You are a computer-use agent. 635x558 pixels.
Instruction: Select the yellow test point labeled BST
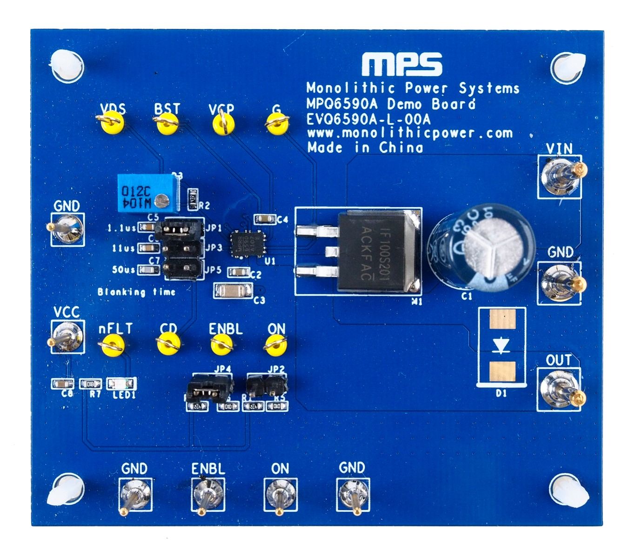coord(167,124)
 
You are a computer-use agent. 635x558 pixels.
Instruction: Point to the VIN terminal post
coord(561,175)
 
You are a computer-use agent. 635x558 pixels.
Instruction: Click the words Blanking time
coord(136,292)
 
